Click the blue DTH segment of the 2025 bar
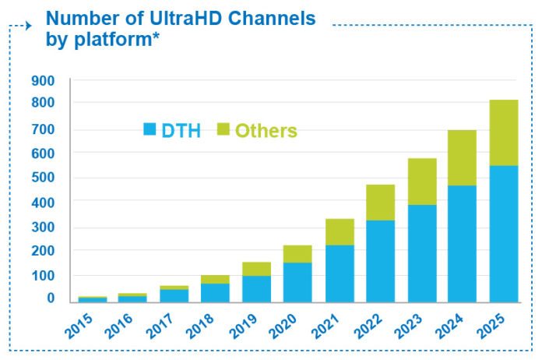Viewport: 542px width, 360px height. [x=503, y=234]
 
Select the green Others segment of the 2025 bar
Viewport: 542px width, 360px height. [x=503, y=132]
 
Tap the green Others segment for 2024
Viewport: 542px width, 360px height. [x=462, y=157]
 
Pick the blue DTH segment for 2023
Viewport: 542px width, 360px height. [x=421, y=253]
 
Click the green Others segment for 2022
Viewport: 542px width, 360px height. [x=381, y=203]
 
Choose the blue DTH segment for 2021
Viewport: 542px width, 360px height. [x=340, y=273]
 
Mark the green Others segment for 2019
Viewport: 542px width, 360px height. [x=256, y=269]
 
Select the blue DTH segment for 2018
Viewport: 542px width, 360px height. [x=215, y=292]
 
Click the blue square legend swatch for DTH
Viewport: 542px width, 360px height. [x=150, y=129]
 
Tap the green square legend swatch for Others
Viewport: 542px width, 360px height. [x=223, y=129]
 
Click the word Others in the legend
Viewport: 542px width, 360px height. [x=266, y=131]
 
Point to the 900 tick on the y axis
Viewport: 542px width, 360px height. [x=43, y=80]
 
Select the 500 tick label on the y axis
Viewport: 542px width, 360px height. [x=43, y=177]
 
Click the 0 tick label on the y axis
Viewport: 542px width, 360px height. [x=51, y=298]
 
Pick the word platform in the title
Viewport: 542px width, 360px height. [x=111, y=38]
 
